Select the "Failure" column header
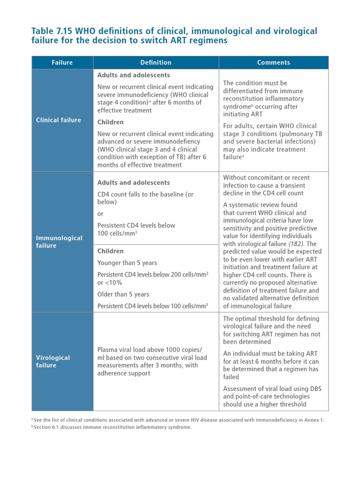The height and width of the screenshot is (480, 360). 62,62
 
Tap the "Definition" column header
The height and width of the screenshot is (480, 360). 156,62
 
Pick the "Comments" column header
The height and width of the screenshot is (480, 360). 273,62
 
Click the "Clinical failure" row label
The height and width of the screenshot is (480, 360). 59,120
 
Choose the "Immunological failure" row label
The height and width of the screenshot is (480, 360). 59,241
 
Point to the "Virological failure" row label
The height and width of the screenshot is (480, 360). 53,361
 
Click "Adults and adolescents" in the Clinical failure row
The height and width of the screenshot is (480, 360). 134,75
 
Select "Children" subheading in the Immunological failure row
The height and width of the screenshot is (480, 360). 111,251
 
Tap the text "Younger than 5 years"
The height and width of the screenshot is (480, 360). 127,262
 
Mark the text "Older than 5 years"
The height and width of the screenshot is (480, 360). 123,294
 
